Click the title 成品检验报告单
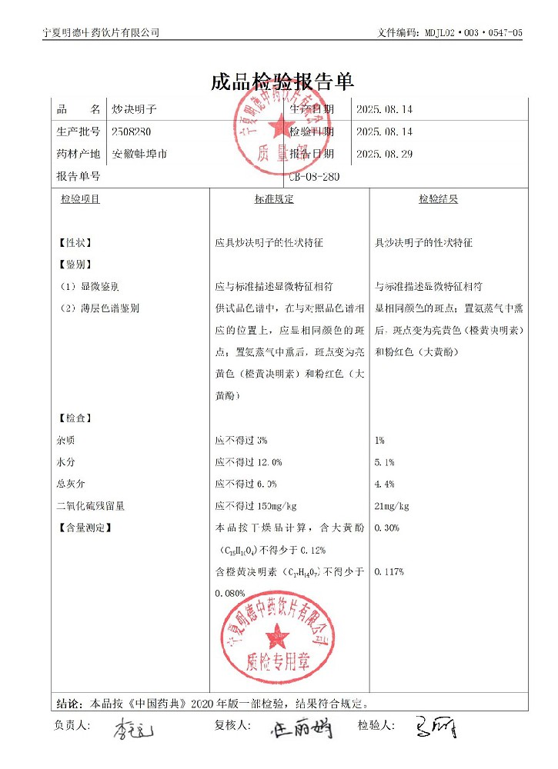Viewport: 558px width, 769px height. pos(282,82)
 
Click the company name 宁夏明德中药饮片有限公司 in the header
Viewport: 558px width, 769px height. pos(102,32)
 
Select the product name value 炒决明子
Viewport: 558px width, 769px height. pos(133,110)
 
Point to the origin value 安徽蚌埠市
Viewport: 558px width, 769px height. pos(140,154)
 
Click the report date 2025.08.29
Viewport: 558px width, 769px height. pos(384,154)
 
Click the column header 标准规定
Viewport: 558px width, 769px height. pos(274,199)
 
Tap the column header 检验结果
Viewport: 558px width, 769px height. pos(438,199)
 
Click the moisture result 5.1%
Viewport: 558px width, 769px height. pos(384,462)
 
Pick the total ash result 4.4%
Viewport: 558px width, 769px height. pos(384,484)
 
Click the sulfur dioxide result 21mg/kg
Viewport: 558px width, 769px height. pos(392,506)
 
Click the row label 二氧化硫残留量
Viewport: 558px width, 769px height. pos(91,506)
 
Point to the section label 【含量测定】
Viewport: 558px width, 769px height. pos(85,528)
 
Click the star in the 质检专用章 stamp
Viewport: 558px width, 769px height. pos(276,636)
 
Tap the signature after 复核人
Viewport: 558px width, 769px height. pos(302,727)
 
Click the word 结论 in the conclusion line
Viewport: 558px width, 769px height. pos(68,703)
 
